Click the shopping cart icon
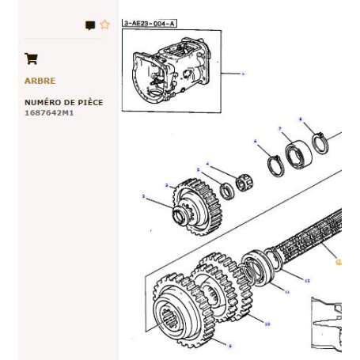point(31,58)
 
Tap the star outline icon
point(104,25)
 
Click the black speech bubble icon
point(90,25)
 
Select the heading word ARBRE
point(40,81)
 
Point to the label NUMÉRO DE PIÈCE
point(63,103)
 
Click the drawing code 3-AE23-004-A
point(150,24)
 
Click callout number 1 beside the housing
point(244,74)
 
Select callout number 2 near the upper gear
point(143,196)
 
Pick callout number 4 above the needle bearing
point(208,165)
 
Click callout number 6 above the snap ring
point(256,142)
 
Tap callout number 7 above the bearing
point(280,128)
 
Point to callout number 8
point(301,119)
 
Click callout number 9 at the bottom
point(229,347)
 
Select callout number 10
point(267,323)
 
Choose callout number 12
point(307,280)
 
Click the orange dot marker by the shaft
point(339,260)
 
